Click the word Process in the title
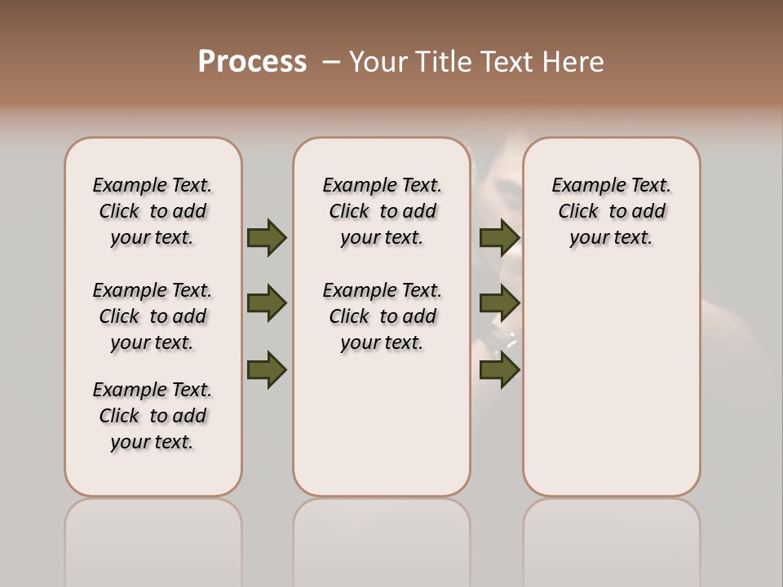(252, 62)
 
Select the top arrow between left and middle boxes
(267, 237)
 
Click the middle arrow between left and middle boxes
(267, 303)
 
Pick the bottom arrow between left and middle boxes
(267, 369)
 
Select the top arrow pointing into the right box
(499, 237)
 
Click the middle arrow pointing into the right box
(499, 303)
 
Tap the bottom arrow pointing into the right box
(499, 369)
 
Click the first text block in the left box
(153, 211)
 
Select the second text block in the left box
(153, 316)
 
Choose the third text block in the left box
(153, 416)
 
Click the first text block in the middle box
(382, 211)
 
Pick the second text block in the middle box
(382, 316)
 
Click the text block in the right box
(612, 211)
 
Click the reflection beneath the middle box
(382, 538)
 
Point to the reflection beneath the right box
(612, 538)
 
